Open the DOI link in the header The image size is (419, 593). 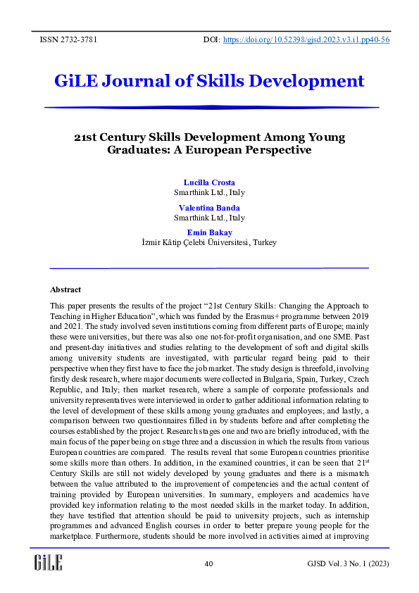pyautogui.click(x=306, y=39)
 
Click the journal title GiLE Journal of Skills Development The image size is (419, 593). pyautogui.click(x=209, y=81)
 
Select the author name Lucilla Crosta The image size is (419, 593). pyautogui.click(x=209, y=182)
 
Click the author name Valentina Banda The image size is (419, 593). pyautogui.click(x=209, y=208)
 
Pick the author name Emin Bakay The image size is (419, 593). pyautogui.click(x=209, y=232)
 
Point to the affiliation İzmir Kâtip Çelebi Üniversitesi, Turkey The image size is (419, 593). pyautogui.click(x=209, y=242)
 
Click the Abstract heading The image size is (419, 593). pyautogui.click(x=65, y=289)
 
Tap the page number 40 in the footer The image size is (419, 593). pyautogui.click(x=208, y=564)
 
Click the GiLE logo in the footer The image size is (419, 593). pyautogui.click(x=49, y=562)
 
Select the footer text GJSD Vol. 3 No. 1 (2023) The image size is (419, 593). pyautogui.click(x=348, y=564)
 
